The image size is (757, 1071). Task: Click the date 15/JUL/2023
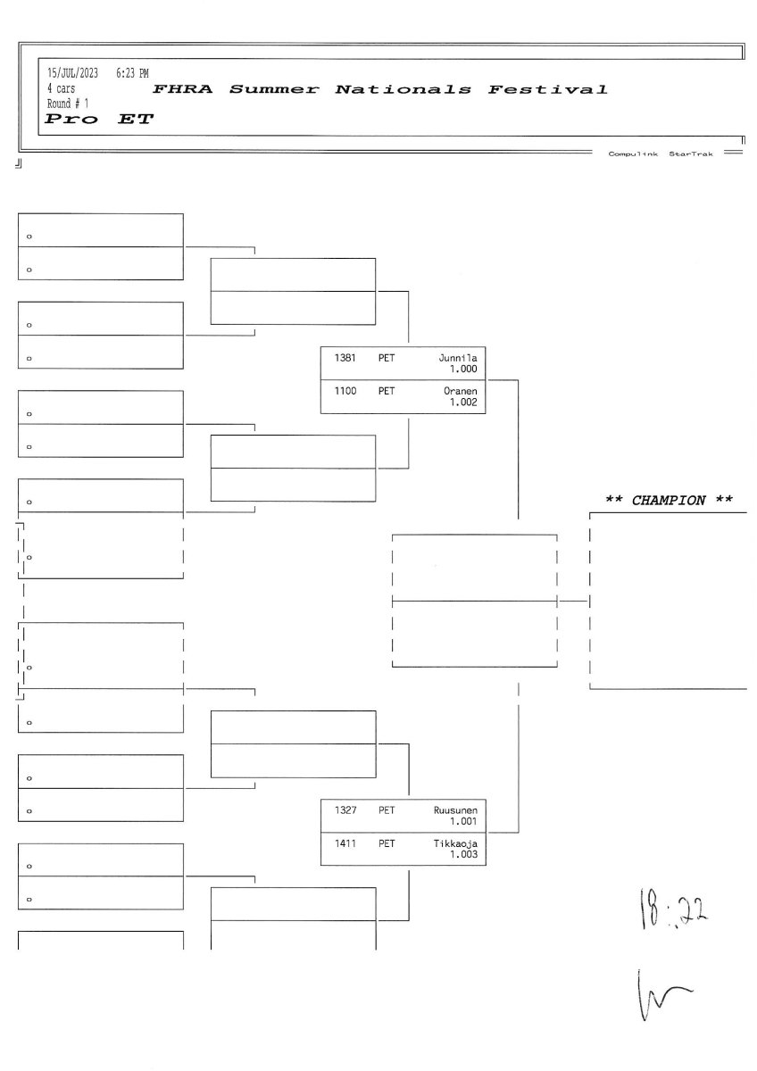point(72,72)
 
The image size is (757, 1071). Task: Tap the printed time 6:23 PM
point(132,72)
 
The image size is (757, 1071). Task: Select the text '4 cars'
point(62,88)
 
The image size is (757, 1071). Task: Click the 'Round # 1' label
point(68,104)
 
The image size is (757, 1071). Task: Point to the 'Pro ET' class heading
point(99,120)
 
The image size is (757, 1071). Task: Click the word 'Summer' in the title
point(273,89)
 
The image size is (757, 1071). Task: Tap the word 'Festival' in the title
point(547,89)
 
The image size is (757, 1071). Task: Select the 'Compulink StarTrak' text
point(660,154)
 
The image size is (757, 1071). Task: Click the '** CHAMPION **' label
point(670,500)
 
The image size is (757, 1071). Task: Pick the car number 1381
point(345,358)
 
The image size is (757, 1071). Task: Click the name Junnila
point(458,358)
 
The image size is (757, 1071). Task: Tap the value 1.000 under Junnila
point(463,369)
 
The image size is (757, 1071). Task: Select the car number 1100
point(345,391)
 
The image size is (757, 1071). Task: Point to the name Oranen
point(461,391)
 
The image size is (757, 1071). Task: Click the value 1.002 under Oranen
point(463,403)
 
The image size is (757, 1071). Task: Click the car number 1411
point(345,843)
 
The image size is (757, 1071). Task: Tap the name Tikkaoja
point(455,843)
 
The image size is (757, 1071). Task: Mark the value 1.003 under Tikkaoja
point(463,855)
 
